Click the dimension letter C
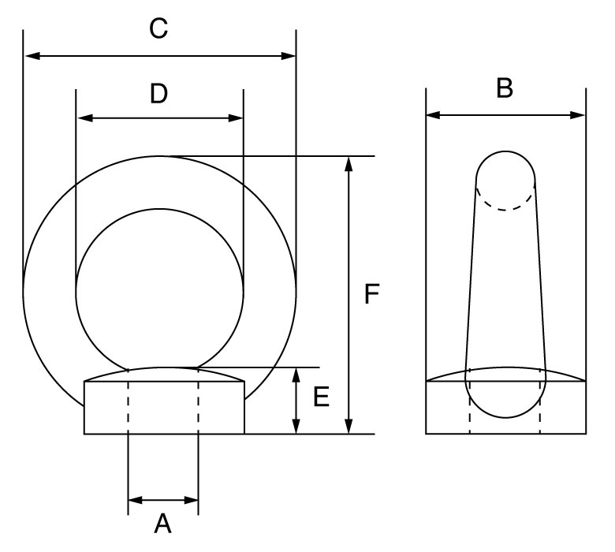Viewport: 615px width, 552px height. coord(159,30)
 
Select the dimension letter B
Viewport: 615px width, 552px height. coord(505,89)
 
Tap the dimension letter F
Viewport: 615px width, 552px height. coord(372,295)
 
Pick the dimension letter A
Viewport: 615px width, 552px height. coord(162,524)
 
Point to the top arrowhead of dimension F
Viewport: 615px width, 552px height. coord(348,163)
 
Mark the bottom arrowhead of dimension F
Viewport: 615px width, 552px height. coord(348,427)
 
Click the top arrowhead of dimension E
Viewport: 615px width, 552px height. coord(296,374)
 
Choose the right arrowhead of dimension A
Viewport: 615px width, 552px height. coord(191,500)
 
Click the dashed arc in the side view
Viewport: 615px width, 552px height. coord(505,207)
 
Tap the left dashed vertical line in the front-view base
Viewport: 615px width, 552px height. coord(128,406)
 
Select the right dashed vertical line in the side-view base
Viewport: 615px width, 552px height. coord(541,410)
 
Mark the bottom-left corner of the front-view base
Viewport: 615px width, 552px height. coord(84,433)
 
